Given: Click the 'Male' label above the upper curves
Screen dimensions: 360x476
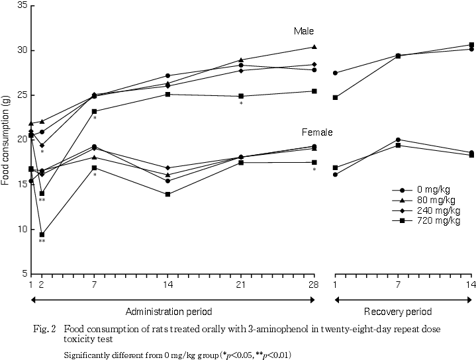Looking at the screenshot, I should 304,31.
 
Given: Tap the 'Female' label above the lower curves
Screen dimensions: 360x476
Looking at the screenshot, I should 318,132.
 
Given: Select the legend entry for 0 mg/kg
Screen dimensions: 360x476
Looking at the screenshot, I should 430,189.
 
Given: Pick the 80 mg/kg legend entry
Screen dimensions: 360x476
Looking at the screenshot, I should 430,200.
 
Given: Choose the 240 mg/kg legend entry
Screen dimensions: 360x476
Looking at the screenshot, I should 430,210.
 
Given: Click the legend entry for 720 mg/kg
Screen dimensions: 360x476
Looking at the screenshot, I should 430,220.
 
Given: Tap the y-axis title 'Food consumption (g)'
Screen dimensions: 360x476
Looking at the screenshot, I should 6,139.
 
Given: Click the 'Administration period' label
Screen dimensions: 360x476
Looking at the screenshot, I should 172,312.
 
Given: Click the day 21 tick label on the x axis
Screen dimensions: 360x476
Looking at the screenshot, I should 241,285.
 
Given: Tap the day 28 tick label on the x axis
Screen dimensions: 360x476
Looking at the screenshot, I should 314,285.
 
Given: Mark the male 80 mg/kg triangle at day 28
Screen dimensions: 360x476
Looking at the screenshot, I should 314,47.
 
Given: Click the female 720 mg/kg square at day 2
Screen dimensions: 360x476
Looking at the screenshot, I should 42,235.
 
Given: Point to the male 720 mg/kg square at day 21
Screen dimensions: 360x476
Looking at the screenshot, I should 241,96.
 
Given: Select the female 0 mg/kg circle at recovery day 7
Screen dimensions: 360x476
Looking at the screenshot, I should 398,140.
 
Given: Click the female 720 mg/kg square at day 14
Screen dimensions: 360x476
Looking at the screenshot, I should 168,194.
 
